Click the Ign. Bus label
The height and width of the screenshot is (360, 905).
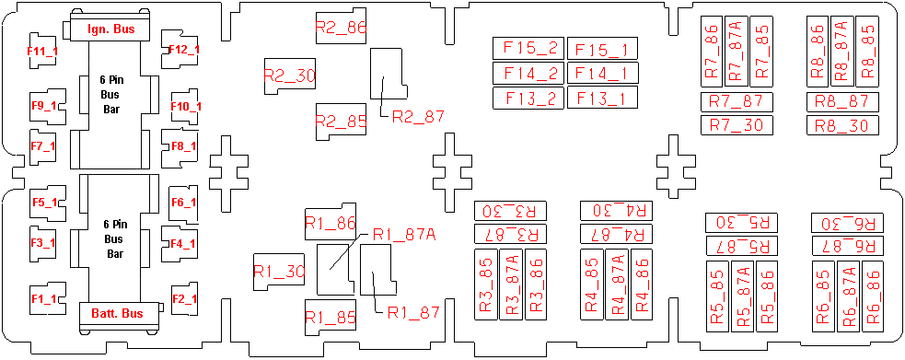click(x=111, y=29)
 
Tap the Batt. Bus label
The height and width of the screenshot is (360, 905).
click(x=117, y=313)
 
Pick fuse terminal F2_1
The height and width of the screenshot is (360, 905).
click(x=184, y=298)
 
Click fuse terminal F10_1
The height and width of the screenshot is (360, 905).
click(x=185, y=106)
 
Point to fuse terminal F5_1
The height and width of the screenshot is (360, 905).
click(x=46, y=203)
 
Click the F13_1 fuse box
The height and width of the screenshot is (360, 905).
click(x=602, y=99)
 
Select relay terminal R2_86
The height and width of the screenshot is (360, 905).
click(x=342, y=27)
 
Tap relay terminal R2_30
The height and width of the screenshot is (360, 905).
click(x=290, y=75)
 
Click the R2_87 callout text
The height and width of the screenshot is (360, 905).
click(x=419, y=117)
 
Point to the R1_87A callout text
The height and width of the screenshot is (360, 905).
click(x=404, y=234)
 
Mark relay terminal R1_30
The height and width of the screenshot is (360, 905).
click(x=279, y=272)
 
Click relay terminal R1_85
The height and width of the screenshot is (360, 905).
click(x=331, y=318)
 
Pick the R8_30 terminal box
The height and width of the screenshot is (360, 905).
click(x=842, y=125)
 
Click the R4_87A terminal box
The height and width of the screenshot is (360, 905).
click(x=616, y=285)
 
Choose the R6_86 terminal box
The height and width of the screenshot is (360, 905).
click(x=872, y=296)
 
